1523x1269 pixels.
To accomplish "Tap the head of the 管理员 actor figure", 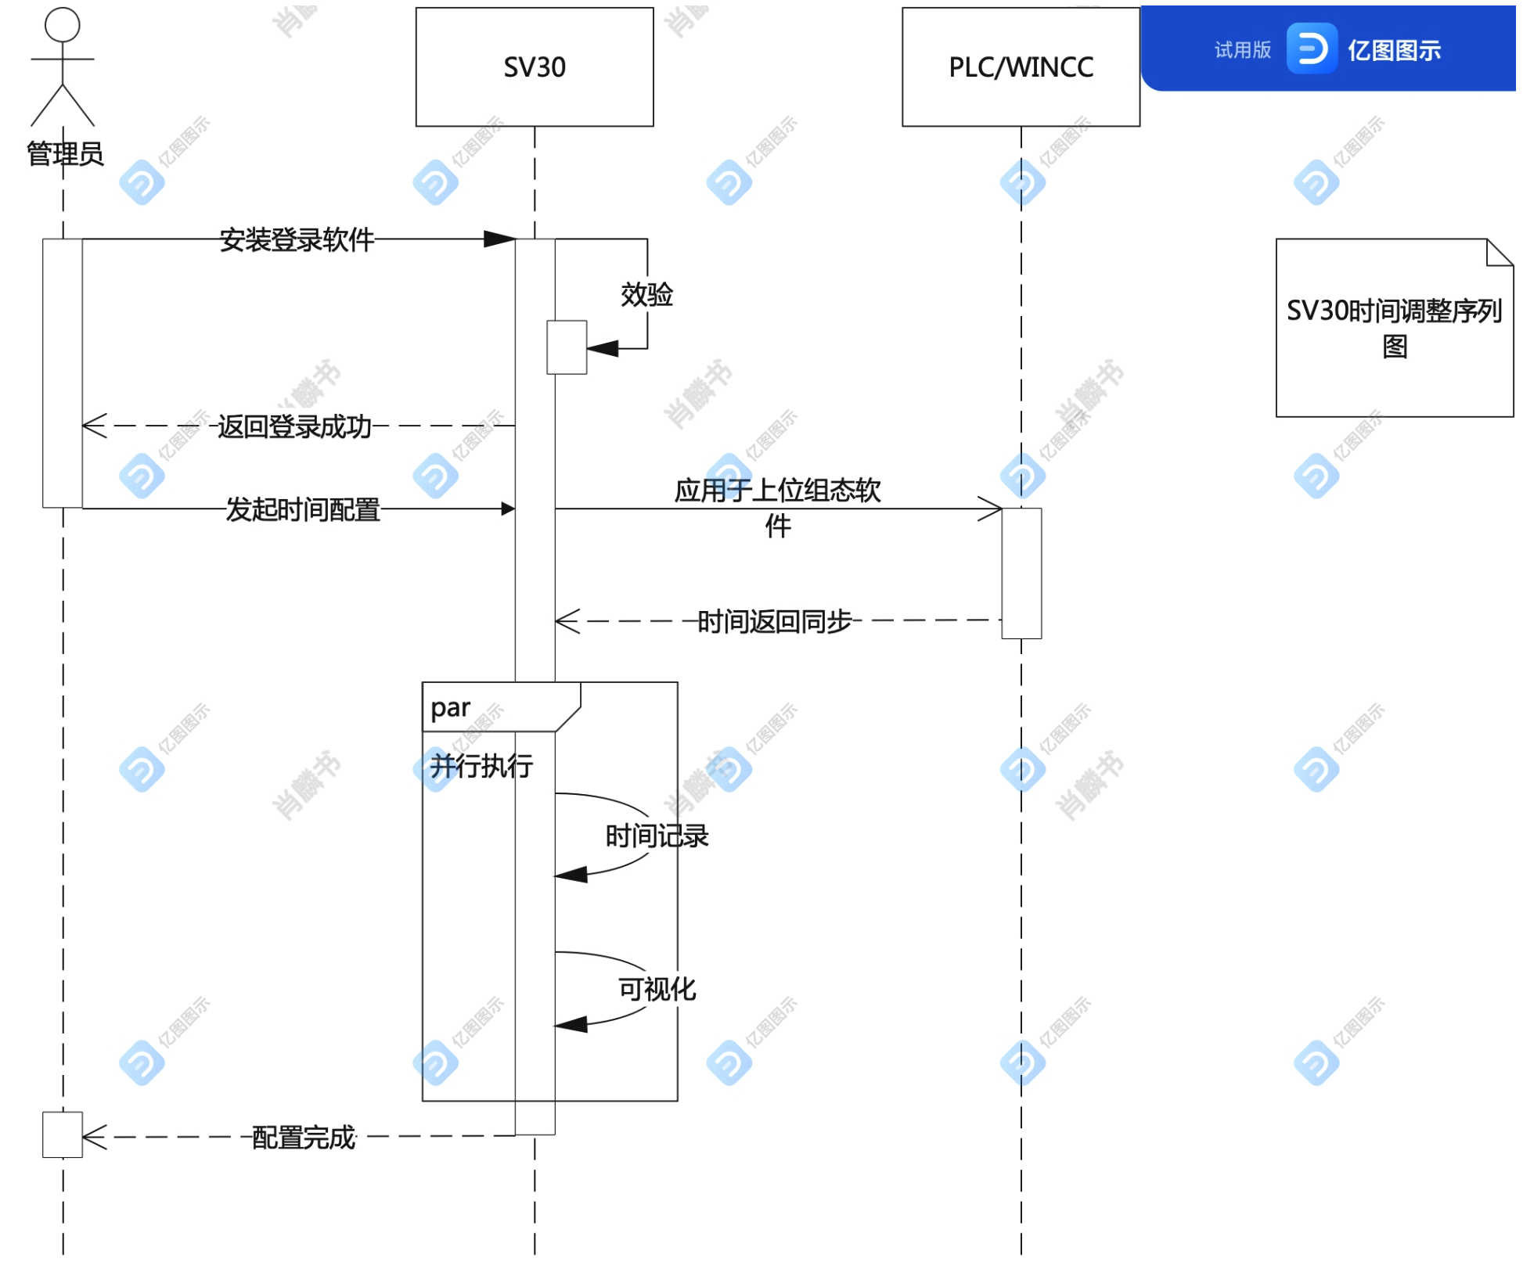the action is click(x=63, y=24).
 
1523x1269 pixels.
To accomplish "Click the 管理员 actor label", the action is click(x=65, y=154).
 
